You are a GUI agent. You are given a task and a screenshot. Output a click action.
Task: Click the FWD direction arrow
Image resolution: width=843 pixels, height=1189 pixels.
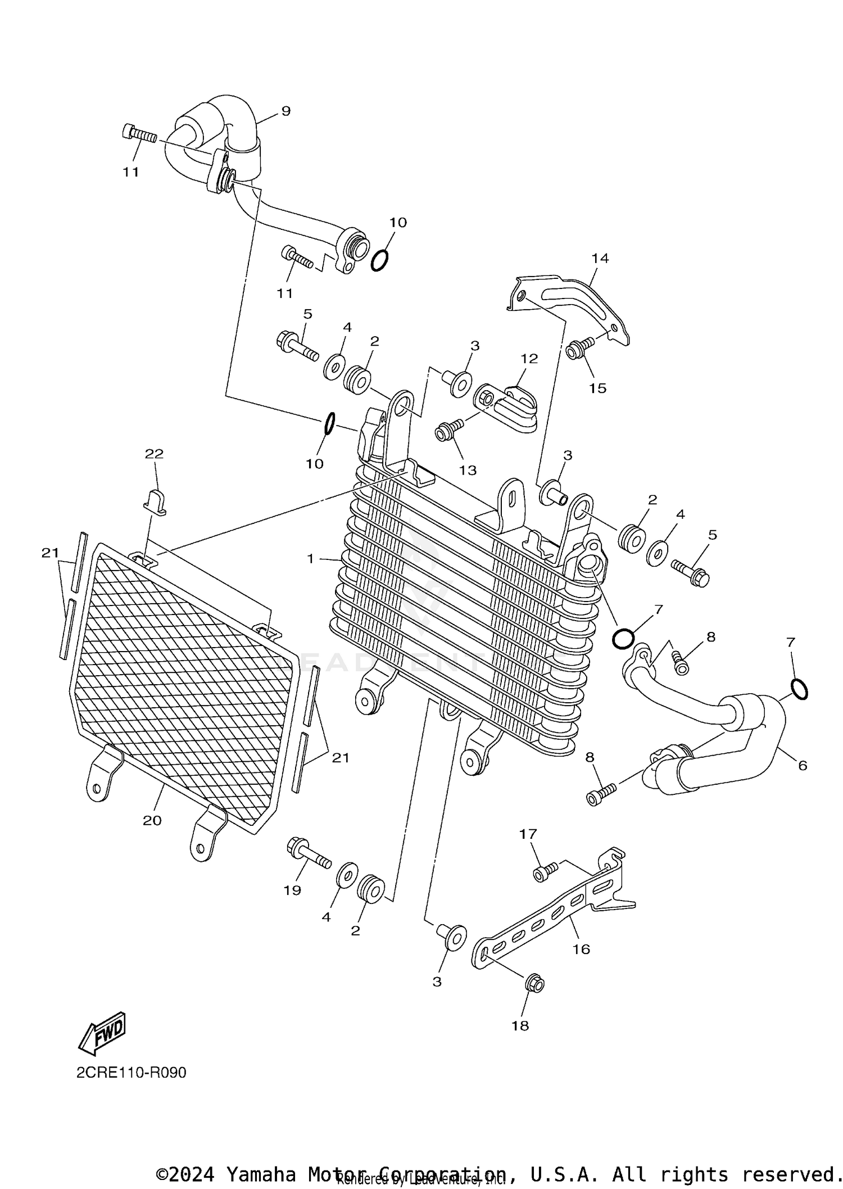[102, 1033]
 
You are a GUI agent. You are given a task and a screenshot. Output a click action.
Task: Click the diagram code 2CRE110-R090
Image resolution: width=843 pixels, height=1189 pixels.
[131, 1073]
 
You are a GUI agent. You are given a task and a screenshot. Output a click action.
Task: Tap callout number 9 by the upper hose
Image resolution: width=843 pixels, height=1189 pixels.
[285, 111]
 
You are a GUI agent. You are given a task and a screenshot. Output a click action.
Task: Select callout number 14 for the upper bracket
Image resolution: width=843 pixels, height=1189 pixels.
[600, 258]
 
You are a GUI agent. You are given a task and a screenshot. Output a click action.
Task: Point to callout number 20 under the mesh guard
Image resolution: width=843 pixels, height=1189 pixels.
[152, 820]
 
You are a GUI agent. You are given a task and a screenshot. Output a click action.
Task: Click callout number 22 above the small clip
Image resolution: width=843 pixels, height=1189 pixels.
[154, 454]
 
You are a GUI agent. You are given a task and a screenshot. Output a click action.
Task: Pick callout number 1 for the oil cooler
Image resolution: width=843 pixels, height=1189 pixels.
[310, 559]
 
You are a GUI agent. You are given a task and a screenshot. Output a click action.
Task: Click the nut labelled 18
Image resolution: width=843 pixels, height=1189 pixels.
[534, 984]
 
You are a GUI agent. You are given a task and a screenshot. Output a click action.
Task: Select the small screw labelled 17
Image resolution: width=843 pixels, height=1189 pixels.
[544, 871]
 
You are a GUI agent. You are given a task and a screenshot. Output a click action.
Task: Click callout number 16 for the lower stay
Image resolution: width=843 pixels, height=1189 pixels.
[581, 949]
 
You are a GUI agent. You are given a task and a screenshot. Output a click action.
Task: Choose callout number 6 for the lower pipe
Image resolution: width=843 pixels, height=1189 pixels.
[802, 765]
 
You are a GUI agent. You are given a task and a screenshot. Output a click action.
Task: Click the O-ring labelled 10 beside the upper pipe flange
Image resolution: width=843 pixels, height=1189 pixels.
[379, 260]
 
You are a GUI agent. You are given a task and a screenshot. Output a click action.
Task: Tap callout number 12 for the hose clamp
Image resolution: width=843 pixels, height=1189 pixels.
[529, 358]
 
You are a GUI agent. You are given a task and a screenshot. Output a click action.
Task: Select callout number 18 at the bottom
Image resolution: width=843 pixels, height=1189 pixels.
[520, 1025]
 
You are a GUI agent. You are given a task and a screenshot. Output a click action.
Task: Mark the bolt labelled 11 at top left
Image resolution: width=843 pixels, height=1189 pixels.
[138, 135]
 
